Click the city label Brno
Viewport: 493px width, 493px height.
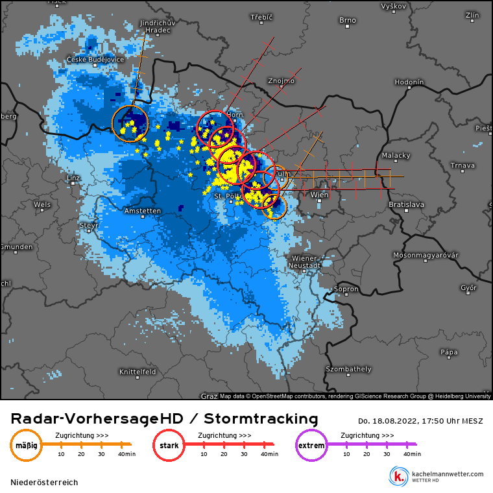pyautogui.click(x=347, y=20)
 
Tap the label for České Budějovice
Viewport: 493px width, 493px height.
pyautogui.click(x=95, y=60)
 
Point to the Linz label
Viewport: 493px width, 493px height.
pyautogui.click(x=73, y=177)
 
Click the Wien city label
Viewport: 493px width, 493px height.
pyautogui.click(x=319, y=195)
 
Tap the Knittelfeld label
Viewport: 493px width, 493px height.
pyautogui.click(x=138, y=372)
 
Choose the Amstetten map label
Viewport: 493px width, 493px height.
pyautogui.click(x=143, y=211)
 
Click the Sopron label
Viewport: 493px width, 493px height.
pyautogui.click(x=346, y=289)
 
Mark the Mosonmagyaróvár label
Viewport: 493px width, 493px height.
pyautogui.click(x=425, y=255)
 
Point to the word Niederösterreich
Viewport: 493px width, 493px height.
pyautogui.click(x=44, y=483)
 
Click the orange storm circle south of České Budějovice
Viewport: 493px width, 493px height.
pyautogui.click(x=130, y=123)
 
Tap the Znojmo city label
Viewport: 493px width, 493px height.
pyautogui.click(x=281, y=81)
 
